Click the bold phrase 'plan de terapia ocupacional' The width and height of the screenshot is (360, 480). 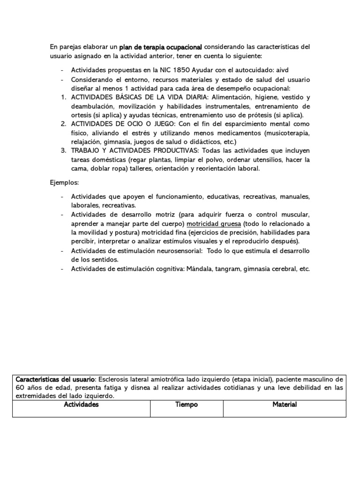coord(161,47)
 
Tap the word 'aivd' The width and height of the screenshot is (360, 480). coord(271,70)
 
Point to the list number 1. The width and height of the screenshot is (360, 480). coord(63,97)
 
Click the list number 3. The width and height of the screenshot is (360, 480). coord(63,150)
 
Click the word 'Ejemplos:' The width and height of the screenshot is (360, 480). coord(64,181)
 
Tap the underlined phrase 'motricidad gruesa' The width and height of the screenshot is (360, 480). coord(214,224)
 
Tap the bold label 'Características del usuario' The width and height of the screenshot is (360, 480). coord(55,379)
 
